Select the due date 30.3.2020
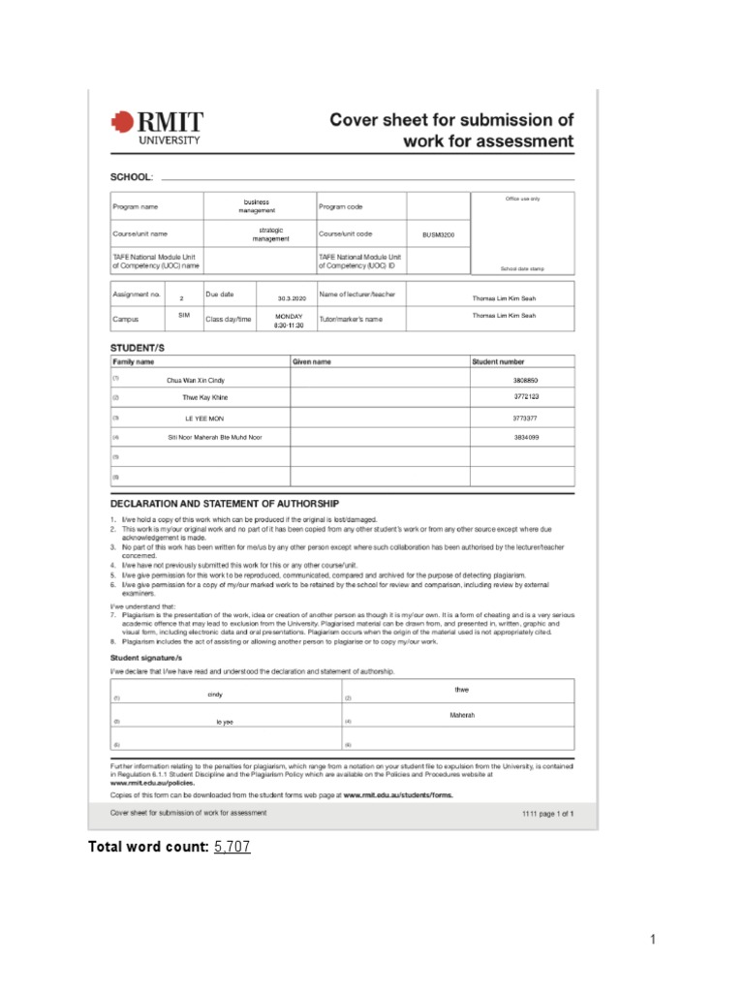click(x=291, y=298)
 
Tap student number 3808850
click(x=525, y=381)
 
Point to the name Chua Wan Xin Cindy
click(x=196, y=381)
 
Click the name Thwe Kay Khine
click(x=205, y=397)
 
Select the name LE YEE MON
click(x=204, y=418)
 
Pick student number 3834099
click(x=526, y=437)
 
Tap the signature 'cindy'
click(x=215, y=695)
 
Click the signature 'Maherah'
click(x=462, y=715)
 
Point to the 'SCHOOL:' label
click(x=132, y=177)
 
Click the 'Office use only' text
click(x=522, y=199)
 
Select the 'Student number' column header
click(x=498, y=361)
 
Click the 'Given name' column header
click(x=312, y=361)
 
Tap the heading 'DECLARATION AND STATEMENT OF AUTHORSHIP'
click(x=225, y=504)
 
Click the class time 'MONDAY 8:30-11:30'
click(x=289, y=321)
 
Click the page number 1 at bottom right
click(x=654, y=939)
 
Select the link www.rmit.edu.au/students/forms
click(x=397, y=793)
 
